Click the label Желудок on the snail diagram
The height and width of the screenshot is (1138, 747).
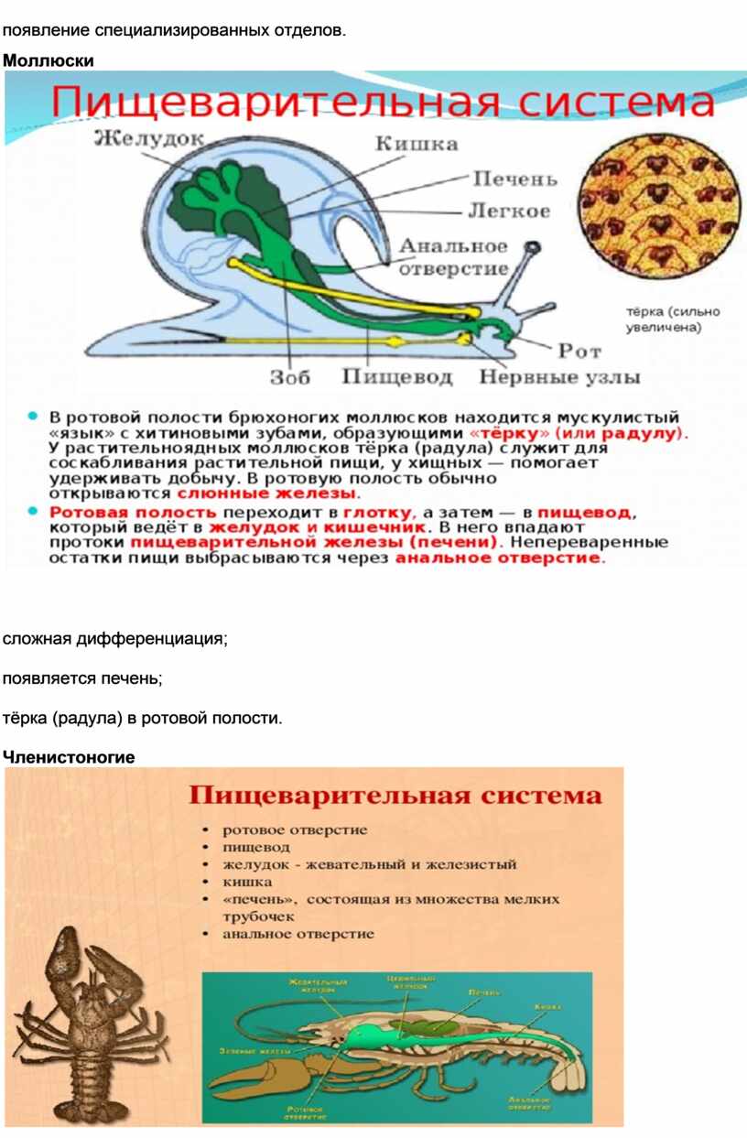[x=150, y=138]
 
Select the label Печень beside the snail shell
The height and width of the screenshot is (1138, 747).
[x=514, y=179]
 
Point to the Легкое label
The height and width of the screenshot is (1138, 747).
[x=509, y=211]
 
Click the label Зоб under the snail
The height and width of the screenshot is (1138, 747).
[x=290, y=376]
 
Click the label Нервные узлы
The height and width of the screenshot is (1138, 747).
[x=560, y=376]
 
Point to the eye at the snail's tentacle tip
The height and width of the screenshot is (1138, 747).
[x=532, y=246]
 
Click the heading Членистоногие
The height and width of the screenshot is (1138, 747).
[x=69, y=757]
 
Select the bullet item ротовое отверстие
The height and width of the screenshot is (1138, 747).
[x=295, y=829]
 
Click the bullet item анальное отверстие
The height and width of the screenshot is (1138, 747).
[x=298, y=934]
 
